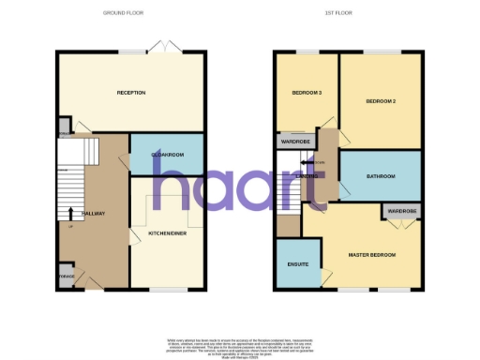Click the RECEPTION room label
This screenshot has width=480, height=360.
(x=130, y=92)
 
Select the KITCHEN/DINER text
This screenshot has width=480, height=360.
(x=167, y=232)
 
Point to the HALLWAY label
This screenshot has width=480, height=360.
(x=94, y=214)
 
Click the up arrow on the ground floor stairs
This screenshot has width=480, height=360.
(x=72, y=215)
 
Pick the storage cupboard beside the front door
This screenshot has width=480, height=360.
(x=67, y=277)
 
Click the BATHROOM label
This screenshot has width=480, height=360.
(x=380, y=176)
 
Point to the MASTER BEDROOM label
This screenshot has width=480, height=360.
(x=372, y=255)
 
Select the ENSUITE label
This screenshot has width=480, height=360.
(x=298, y=265)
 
